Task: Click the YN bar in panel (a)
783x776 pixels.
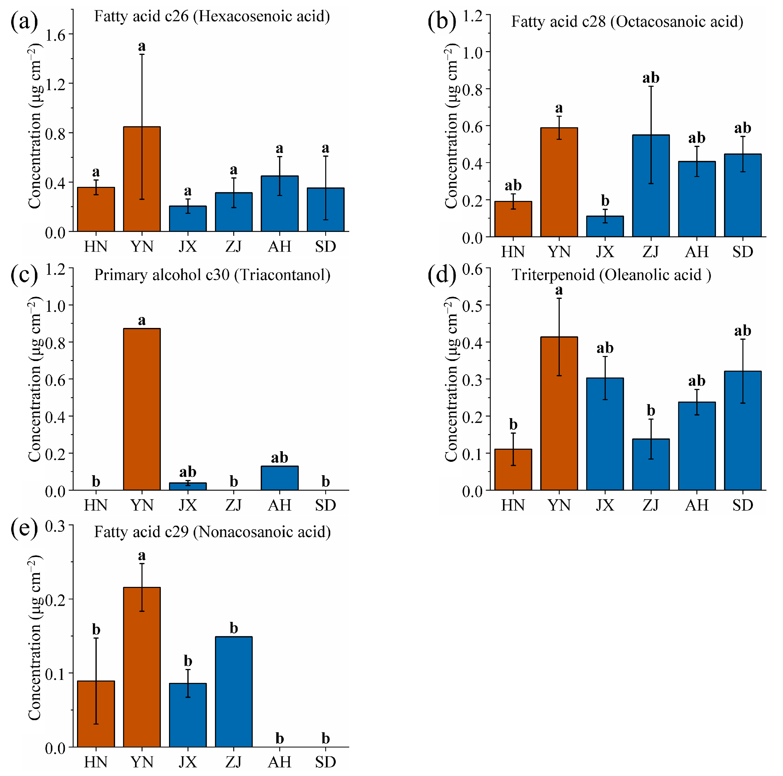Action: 142,179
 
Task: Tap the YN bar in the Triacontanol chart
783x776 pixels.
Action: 142,409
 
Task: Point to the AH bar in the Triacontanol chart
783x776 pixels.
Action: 280,478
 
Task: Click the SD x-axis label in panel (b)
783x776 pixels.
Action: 742,252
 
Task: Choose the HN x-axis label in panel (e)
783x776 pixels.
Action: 96,762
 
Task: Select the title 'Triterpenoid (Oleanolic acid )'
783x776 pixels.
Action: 611,275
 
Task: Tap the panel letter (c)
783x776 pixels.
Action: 24,275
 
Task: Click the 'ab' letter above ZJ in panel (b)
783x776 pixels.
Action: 650,77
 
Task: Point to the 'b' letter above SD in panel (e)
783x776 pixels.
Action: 326,738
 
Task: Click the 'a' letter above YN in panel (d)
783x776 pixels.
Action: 559,290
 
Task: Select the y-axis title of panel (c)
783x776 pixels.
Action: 35,379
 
